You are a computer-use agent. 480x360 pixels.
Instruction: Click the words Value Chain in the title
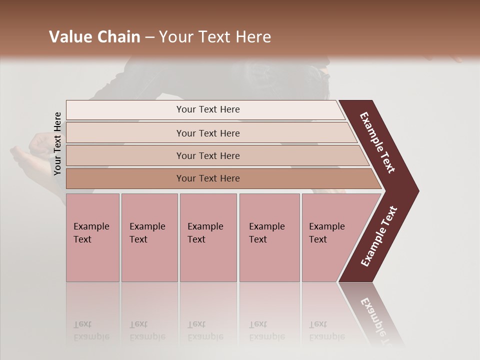(94, 37)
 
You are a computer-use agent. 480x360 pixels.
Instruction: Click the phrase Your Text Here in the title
(215, 37)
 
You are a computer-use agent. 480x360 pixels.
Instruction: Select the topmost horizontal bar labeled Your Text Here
(207, 109)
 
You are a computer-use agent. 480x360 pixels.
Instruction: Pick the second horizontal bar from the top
(207, 133)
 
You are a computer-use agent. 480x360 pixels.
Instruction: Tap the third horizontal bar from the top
(207, 155)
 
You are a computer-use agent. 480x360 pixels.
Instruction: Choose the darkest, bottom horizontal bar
(207, 178)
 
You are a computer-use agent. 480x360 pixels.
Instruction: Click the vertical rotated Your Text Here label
(57, 143)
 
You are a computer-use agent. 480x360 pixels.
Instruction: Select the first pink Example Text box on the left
(92, 237)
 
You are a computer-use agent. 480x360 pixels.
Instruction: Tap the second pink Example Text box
(148, 237)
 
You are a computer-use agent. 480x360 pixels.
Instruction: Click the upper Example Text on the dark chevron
(377, 142)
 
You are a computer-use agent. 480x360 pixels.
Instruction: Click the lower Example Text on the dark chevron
(379, 236)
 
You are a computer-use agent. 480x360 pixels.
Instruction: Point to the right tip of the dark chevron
(417, 191)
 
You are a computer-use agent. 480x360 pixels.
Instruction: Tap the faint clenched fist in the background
(40, 145)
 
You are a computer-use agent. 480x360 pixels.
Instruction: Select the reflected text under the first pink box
(91, 330)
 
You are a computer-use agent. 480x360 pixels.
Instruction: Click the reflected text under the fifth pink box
(326, 330)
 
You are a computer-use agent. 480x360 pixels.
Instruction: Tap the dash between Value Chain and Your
(149, 37)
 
